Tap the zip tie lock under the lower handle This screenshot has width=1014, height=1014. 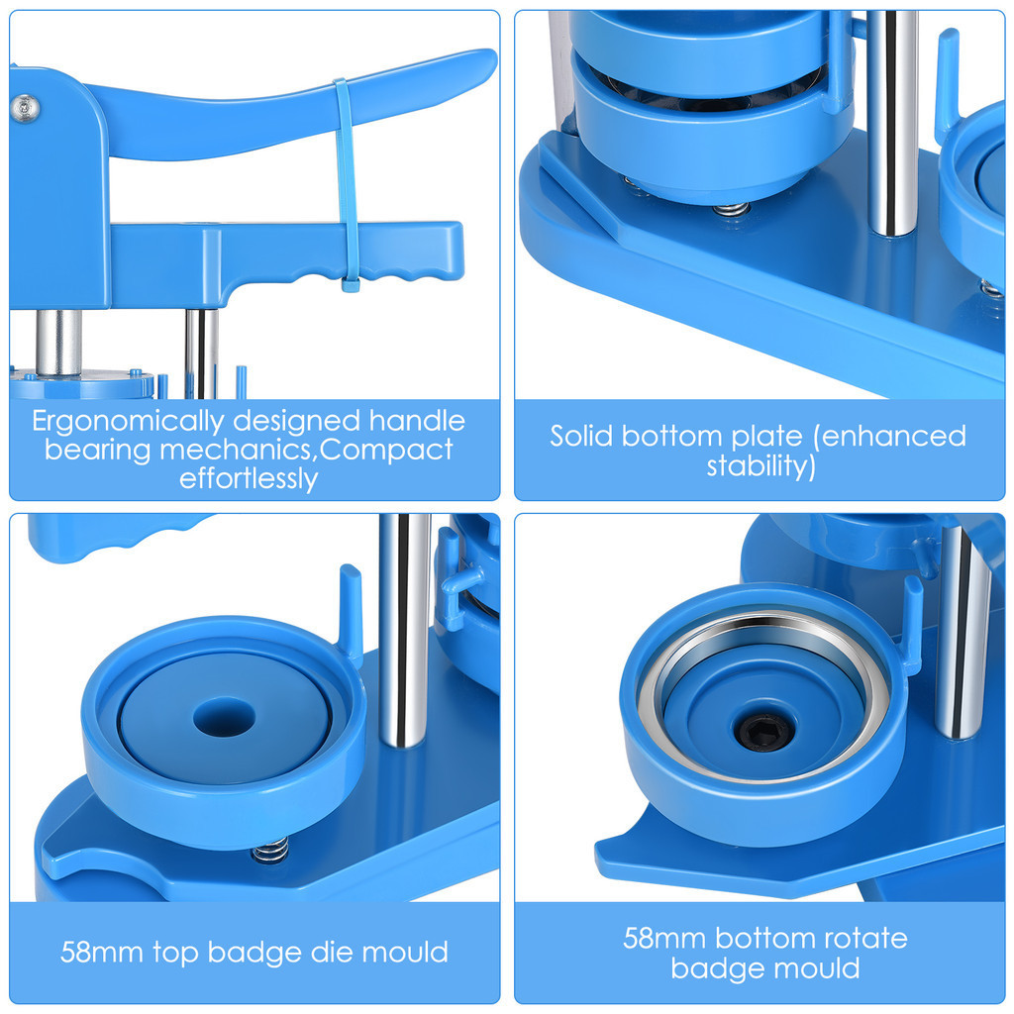[351, 284]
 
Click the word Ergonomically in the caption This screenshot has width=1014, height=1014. [128, 422]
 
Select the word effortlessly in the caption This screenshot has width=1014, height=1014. [249, 479]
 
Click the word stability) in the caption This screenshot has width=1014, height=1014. [761, 466]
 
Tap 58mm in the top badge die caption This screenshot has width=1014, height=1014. [102, 953]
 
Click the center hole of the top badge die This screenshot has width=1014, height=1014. [225, 717]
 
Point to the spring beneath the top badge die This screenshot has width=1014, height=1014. [270, 850]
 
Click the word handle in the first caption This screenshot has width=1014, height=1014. [417, 422]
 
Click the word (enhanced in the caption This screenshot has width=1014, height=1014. [890, 437]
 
